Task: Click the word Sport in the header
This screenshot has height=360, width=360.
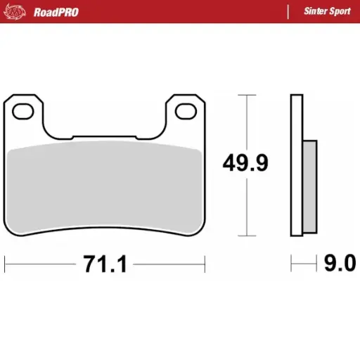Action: point(341,11)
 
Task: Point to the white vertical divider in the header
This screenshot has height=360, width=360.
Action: point(288,11)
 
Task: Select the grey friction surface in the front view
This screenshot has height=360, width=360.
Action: point(105,186)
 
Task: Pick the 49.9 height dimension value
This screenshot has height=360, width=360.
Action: point(245,163)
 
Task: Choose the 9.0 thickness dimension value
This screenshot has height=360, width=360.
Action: point(340,264)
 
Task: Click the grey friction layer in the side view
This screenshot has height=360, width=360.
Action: point(309,187)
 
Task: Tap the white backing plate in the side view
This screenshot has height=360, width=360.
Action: point(297,165)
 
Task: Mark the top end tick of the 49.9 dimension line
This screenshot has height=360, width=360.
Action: point(245,95)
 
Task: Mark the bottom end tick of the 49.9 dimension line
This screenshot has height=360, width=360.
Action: point(245,236)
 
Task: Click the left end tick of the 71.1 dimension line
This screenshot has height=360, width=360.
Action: point(5,264)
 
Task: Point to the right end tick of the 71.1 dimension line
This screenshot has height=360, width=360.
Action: point(205,264)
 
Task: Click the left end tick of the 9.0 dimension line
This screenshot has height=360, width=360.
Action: point(292,264)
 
